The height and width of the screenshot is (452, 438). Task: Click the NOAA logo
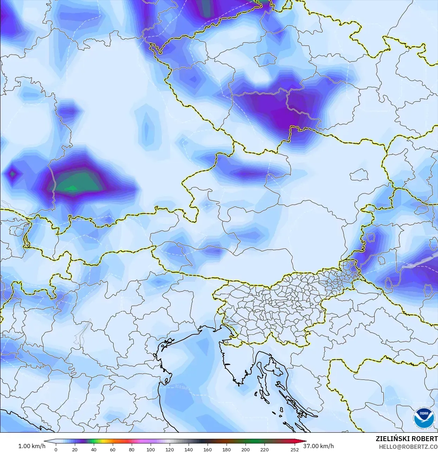tap(424, 418)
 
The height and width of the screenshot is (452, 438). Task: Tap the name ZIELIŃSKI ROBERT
tap(406, 439)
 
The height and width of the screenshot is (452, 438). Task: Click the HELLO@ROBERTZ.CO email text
tap(408, 447)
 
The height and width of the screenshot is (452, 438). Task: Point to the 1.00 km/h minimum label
tap(32, 446)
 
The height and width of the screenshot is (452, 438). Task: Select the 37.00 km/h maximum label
tap(318, 446)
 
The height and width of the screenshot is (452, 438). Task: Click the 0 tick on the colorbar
tap(56, 449)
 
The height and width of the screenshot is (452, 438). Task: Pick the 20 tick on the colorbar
tap(74, 449)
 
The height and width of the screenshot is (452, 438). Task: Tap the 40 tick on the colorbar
tap(93, 449)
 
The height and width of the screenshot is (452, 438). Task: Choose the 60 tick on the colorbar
tap(112, 449)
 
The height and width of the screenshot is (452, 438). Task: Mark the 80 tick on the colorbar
tap(131, 449)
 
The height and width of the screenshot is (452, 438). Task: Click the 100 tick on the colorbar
tap(151, 449)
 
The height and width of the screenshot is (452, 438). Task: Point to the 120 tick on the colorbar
tap(170, 449)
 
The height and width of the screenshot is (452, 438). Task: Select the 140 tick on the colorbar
tap(189, 449)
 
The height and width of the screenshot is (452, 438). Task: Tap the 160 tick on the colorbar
tap(208, 449)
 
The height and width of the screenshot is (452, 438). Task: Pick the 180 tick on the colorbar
tap(227, 449)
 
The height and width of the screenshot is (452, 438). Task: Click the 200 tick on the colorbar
tap(246, 449)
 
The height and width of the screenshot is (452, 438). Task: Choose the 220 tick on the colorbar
tap(264, 449)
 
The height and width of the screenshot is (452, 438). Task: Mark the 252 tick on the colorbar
tap(295, 449)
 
